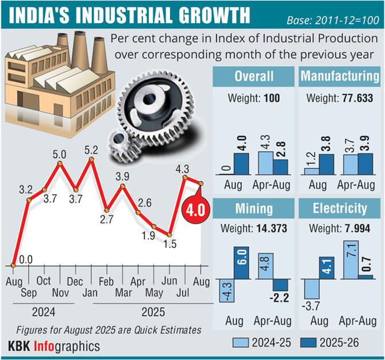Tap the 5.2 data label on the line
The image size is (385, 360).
pyautogui.click(x=90, y=150)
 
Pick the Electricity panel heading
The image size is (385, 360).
pyautogui.click(x=340, y=209)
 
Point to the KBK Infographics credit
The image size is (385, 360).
pyautogui.click(x=55, y=346)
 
